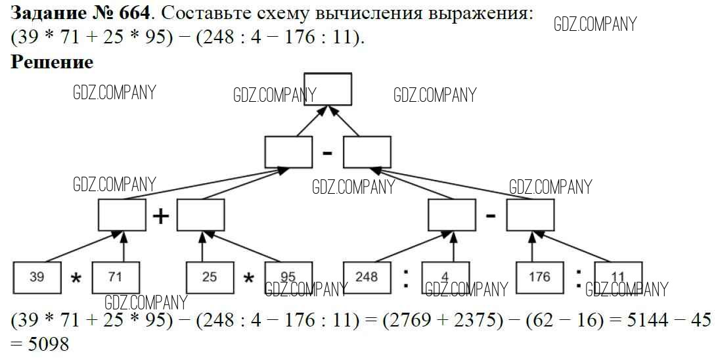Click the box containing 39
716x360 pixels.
[x=37, y=277]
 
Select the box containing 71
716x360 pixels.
[x=116, y=277]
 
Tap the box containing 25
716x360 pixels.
[x=210, y=277]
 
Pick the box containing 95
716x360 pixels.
[x=288, y=277]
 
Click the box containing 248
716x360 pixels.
[x=367, y=277]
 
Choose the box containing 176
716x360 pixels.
[x=539, y=277]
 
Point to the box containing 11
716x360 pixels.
[x=618, y=277]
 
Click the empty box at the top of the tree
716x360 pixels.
[x=328, y=89]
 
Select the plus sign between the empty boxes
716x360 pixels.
[x=161, y=215]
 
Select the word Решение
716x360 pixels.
[x=52, y=62]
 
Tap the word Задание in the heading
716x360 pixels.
[x=47, y=13]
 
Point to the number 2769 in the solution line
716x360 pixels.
[x=395, y=321]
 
